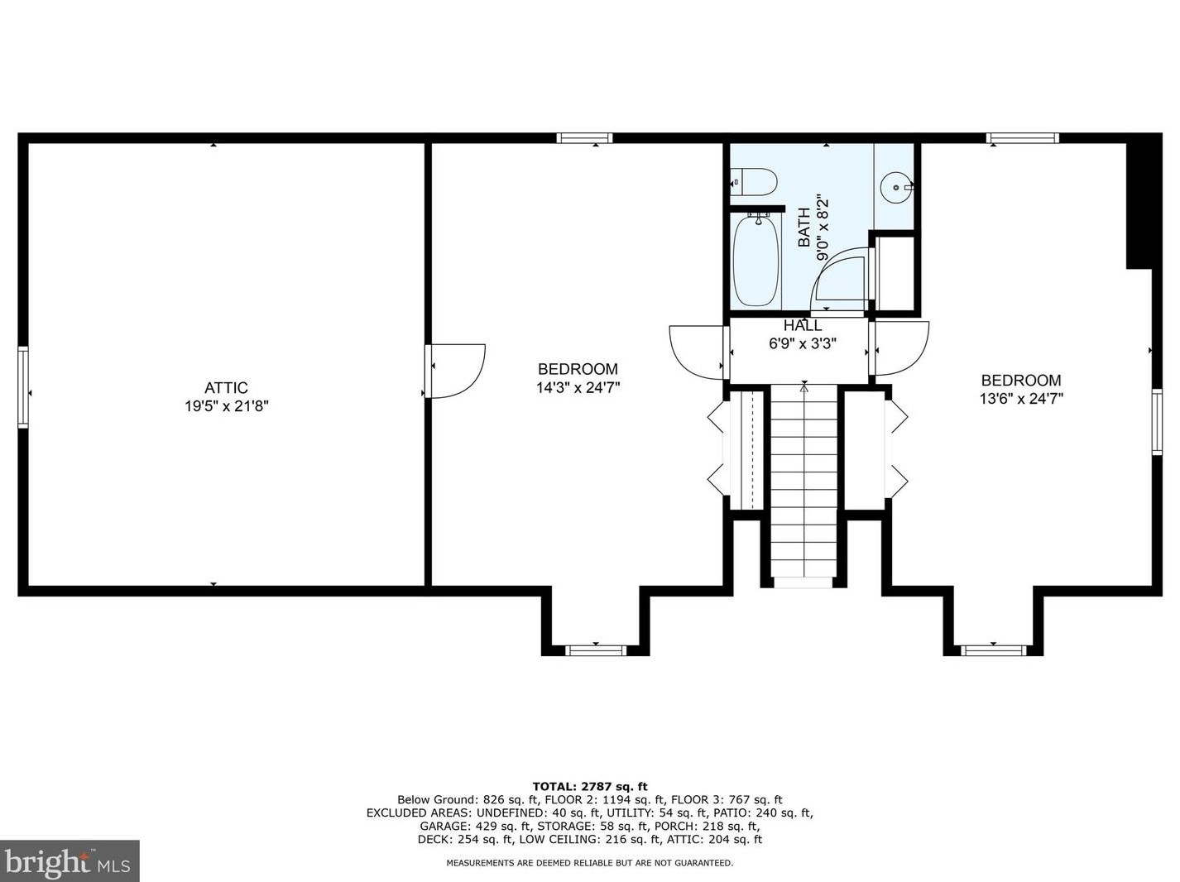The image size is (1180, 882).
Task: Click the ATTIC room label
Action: (226, 387)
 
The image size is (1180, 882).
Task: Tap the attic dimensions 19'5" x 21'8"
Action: (227, 405)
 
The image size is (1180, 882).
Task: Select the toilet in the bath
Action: (754, 182)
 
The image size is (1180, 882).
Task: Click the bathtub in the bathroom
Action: (755, 261)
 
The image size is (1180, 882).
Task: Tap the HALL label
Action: (802, 325)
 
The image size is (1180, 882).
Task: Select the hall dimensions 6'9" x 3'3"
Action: (803, 343)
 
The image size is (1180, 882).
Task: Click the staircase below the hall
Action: (803, 485)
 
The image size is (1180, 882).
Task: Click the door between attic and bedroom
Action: (455, 371)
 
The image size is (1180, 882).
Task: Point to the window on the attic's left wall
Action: (23, 387)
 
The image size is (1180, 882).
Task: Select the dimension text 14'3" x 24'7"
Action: (578, 387)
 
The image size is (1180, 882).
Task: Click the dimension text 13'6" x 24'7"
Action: (1021, 399)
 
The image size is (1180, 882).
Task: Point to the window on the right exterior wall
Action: (1157, 422)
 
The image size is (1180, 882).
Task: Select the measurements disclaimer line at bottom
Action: (590, 863)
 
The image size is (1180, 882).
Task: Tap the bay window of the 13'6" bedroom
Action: (993, 651)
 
